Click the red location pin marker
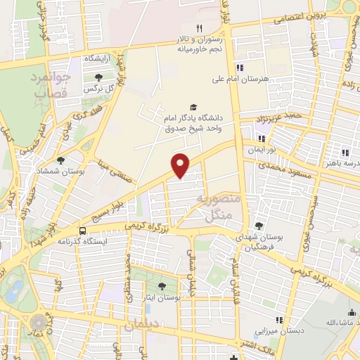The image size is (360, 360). (x=181, y=165)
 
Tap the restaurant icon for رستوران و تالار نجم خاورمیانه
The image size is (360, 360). (x=199, y=28)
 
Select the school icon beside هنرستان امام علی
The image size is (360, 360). (x=240, y=68)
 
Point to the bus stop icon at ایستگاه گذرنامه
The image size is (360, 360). (x=83, y=231)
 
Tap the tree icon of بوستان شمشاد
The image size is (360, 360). (x=60, y=160)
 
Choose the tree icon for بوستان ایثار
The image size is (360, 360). (x=162, y=285)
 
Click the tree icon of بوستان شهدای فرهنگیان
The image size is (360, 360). (x=259, y=226)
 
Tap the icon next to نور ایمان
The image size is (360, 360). (x=262, y=139)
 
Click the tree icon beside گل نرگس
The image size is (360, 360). (x=96, y=79)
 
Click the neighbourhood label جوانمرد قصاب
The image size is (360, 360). (x=50, y=84)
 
